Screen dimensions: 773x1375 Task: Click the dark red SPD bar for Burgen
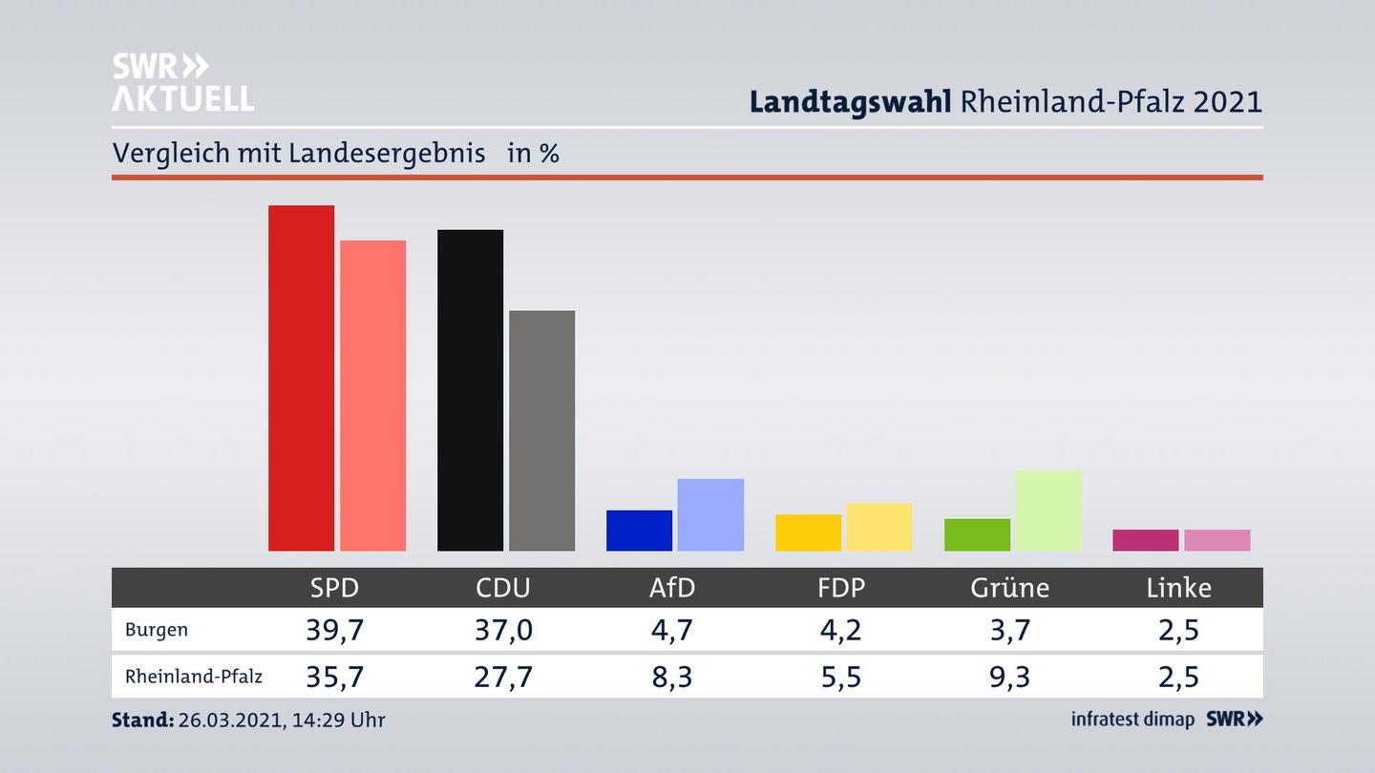click(301, 378)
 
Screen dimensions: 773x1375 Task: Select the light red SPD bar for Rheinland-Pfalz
click(372, 395)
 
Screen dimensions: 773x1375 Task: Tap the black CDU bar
click(470, 389)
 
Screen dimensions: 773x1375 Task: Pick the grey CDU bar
click(541, 430)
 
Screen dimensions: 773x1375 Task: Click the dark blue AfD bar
click(639, 531)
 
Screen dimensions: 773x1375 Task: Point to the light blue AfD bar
click(710, 514)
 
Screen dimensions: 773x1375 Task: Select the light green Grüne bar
click(1047, 511)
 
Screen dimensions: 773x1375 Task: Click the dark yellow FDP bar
click(808, 533)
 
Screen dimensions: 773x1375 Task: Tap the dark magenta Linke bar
click(1145, 540)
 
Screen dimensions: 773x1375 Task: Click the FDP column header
click(841, 588)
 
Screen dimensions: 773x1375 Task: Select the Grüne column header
click(1009, 588)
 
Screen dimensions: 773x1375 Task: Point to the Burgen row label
click(157, 630)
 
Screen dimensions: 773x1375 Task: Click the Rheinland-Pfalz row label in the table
click(194, 677)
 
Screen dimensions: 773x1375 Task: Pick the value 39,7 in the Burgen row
click(334, 630)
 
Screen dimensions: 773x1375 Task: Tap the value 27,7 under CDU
click(503, 677)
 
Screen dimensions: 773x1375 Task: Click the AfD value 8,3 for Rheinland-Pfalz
click(672, 677)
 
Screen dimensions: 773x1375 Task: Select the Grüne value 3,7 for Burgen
click(1009, 630)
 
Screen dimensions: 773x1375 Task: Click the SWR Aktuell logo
click(182, 82)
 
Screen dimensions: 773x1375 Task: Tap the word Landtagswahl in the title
click(850, 101)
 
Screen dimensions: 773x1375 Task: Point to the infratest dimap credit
click(1132, 720)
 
